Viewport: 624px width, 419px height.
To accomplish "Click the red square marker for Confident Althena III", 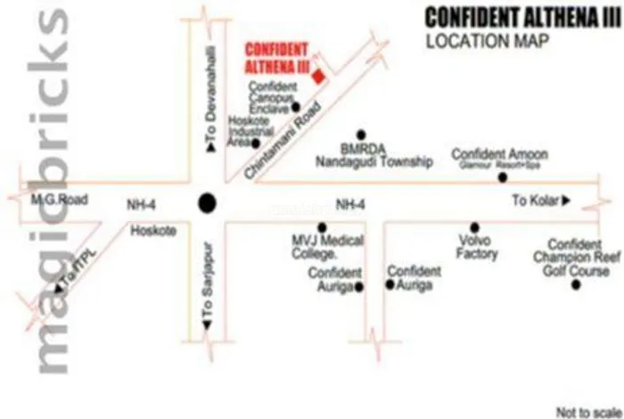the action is [x=320, y=78].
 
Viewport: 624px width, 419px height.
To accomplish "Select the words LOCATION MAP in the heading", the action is [x=486, y=40].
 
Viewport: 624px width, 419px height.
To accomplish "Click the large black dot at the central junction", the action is [x=206, y=202].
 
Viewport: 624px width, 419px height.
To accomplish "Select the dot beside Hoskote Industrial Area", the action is [x=256, y=143].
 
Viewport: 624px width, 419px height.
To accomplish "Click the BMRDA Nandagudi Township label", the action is [x=374, y=155].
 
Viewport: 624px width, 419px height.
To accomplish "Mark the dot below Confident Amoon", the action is [x=502, y=177].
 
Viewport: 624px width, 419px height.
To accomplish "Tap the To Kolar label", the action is [x=533, y=200].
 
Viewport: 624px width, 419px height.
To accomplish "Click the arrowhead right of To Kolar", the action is [x=565, y=200].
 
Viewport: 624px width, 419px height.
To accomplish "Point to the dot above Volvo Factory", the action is [x=475, y=226].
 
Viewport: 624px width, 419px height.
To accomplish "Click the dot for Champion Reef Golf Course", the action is [x=576, y=284].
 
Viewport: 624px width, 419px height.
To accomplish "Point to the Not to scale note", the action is [x=586, y=412].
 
